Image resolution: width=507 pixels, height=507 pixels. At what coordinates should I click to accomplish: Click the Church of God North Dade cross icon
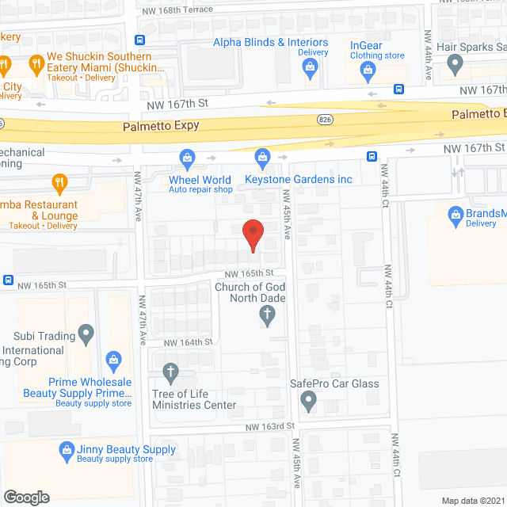268,316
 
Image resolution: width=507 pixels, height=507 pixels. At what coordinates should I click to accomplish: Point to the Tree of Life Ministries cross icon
170,372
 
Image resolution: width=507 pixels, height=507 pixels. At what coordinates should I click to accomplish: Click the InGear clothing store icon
367,71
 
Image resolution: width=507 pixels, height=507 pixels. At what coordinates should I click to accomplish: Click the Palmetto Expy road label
161,126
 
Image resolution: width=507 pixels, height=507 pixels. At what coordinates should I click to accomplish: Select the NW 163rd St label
270,425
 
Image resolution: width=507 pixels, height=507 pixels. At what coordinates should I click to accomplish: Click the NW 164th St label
189,342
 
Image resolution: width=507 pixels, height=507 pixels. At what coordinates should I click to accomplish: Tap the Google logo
26,497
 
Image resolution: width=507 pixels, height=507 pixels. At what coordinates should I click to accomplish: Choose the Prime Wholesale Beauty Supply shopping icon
113,362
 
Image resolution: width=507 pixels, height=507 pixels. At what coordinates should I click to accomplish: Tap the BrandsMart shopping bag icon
456,214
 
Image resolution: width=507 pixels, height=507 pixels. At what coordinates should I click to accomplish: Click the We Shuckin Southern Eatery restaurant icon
36,63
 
